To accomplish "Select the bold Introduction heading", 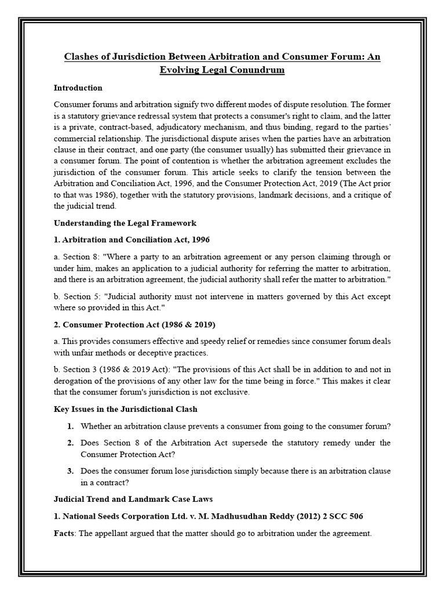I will [78, 88].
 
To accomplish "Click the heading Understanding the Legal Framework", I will [125, 223].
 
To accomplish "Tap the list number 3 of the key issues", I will [70, 470].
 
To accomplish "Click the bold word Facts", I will [65, 533].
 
